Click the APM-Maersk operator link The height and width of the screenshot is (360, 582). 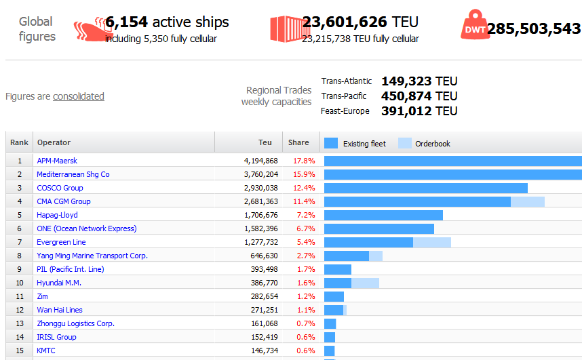click(x=57, y=161)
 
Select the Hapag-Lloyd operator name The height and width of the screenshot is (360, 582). click(x=57, y=215)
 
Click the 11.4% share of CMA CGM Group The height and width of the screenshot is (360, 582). click(x=303, y=201)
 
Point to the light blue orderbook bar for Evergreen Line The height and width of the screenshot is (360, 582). click(x=432, y=242)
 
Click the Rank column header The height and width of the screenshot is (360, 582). click(x=19, y=142)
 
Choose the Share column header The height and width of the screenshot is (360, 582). click(x=298, y=142)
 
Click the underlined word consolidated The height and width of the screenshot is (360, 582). click(x=79, y=96)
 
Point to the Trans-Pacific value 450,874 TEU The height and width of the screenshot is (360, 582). click(x=419, y=96)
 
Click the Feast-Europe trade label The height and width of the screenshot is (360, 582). click(x=345, y=111)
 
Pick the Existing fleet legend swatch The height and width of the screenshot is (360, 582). click(x=331, y=143)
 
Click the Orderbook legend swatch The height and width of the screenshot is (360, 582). click(x=405, y=143)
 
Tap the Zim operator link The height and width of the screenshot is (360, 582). click(x=42, y=296)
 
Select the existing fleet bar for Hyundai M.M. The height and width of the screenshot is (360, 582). click(x=338, y=283)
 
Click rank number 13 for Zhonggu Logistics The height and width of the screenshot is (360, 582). click(x=20, y=323)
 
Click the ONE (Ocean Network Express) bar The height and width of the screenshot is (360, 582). click(x=379, y=228)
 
